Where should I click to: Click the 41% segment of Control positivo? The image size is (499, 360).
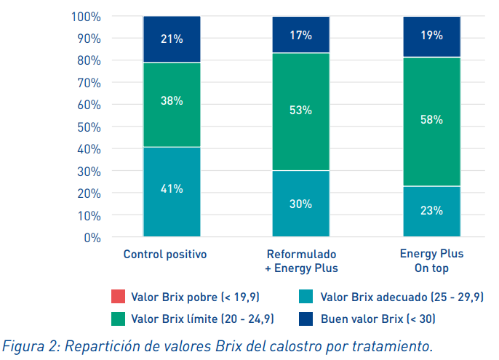[172, 191]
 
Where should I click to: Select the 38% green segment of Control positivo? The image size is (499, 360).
[172, 105]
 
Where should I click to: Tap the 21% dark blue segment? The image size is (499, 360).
[172, 39]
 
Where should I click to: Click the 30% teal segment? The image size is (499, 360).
[301, 204]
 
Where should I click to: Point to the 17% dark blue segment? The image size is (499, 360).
[301, 35]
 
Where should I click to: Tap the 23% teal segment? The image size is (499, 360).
[431, 211]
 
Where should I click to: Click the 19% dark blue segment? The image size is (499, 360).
[431, 36]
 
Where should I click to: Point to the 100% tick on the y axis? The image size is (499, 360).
[87, 16]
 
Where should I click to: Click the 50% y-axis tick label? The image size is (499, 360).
[89, 127]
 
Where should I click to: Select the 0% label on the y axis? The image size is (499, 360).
[92, 237]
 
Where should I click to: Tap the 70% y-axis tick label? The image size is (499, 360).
[89, 82]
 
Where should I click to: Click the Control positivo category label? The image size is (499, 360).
[165, 255]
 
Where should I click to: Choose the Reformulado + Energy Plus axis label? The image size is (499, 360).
[301, 261]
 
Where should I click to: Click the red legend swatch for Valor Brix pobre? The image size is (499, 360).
[118, 296]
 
